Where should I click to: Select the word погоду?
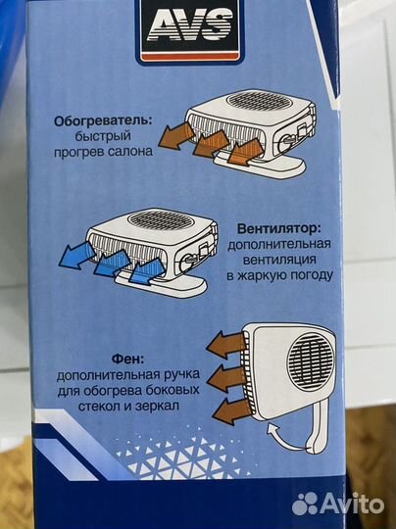(307, 276)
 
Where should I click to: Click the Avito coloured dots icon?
(305, 503)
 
